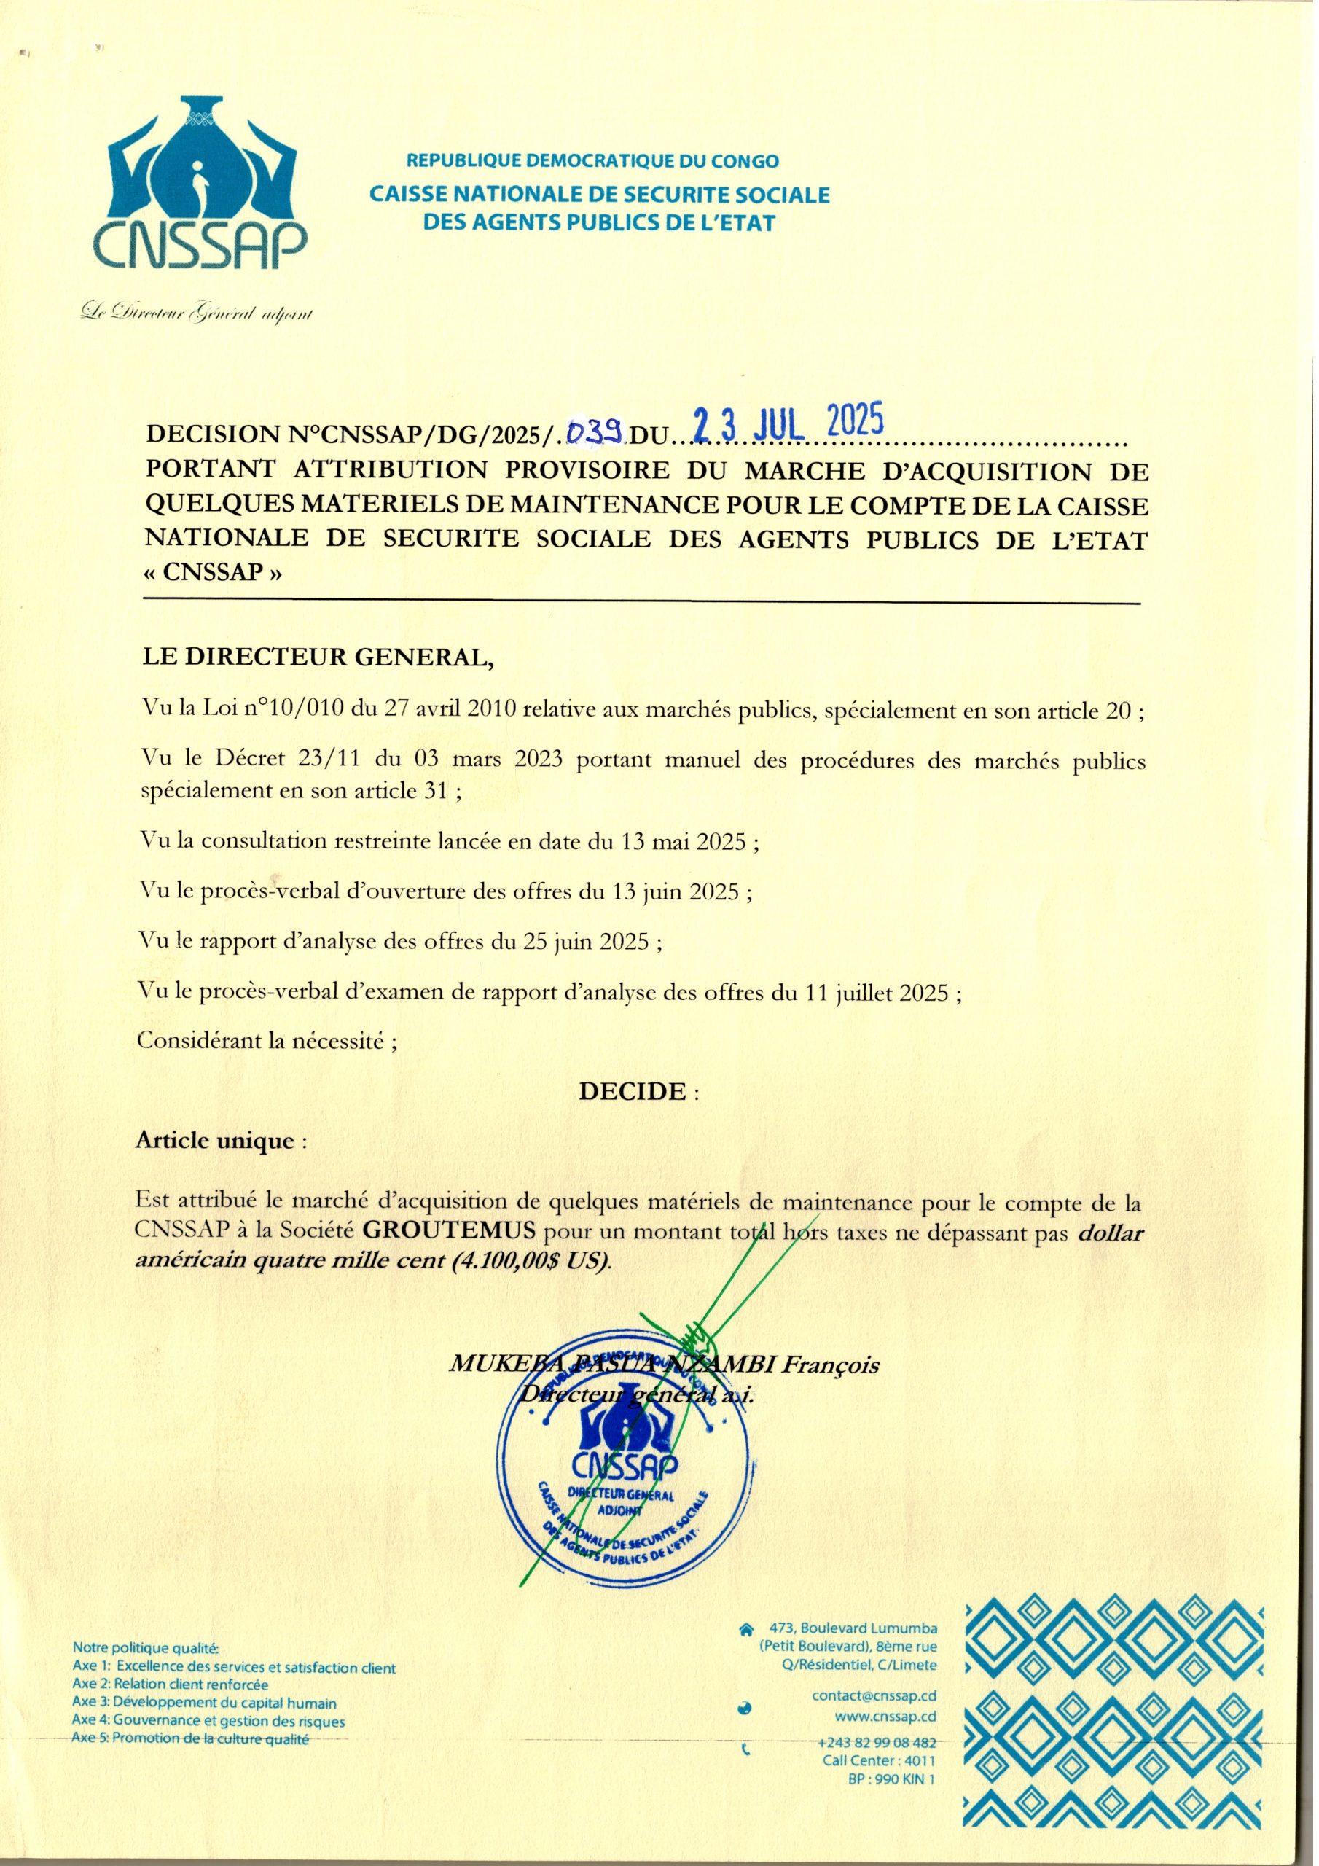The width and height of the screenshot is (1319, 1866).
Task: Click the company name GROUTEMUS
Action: point(450,1230)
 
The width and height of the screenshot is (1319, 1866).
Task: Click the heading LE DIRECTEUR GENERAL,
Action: point(318,657)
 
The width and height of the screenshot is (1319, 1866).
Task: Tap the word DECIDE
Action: point(633,1090)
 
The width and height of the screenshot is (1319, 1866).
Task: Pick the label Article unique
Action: point(214,1140)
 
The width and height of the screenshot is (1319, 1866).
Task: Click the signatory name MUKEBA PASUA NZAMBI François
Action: point(664,1365)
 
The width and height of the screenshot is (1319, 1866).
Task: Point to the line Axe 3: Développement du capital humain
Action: point(204,1703)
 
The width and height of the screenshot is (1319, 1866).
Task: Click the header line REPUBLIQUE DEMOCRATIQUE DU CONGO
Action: point(592,161)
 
